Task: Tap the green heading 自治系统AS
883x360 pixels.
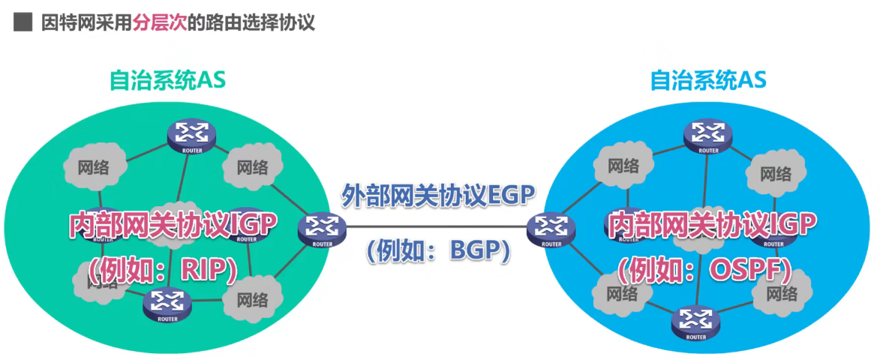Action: (x=167, y=80)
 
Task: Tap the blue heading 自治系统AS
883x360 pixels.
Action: (x=708, y=80)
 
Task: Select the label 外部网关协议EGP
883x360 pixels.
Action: (x=438, y=197)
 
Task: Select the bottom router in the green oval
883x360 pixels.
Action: (x=167, y=303)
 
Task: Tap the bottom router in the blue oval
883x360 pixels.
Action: (x=695, y=322)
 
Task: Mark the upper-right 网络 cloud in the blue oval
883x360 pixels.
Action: (x=775, y=175)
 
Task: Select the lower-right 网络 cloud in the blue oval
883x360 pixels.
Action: (x=782, y=292)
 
